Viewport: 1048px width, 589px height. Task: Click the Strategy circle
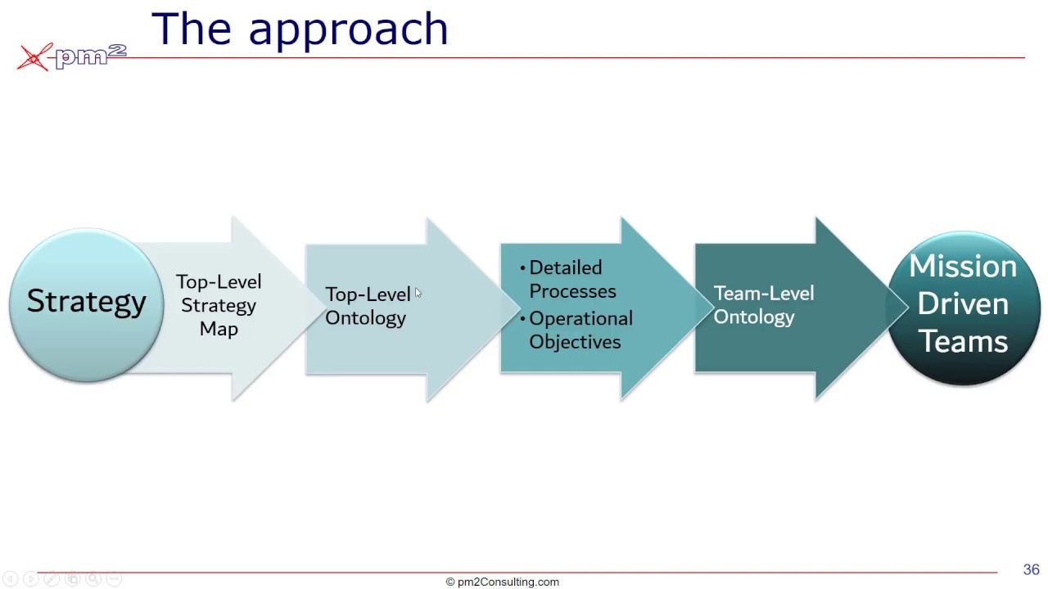click(x=86, y=304)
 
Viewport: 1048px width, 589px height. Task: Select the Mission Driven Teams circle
click(x=963, y=308)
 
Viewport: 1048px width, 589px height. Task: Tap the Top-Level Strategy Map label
click(x=219, y=305)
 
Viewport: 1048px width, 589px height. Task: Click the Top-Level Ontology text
click(x=367, y=306)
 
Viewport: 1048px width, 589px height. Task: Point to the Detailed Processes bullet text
click(x=572, y=279)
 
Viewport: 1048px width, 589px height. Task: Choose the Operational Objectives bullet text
click(x=580, y=330)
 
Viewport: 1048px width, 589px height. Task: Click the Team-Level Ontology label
click(x=763, y=305)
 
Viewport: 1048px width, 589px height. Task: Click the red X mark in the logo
click(x=34, y=57)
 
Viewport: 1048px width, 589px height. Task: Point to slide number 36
click(x=1031, y=569)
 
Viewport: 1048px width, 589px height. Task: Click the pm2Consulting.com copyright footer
click(x=502, y=582)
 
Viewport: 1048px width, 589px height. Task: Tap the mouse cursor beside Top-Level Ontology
click(x=418, y=293)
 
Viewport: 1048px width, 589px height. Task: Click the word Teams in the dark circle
click(x=963, y=340)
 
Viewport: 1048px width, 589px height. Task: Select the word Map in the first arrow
click(x=219, y=329)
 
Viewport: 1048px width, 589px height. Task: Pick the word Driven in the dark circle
click(x=963, y=303)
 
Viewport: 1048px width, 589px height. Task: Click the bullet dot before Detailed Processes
click(x=523, y=268)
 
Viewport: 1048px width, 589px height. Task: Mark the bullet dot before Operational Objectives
click(x=523, y=319)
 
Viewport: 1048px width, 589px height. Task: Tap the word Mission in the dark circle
click(x=963, y=267)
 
